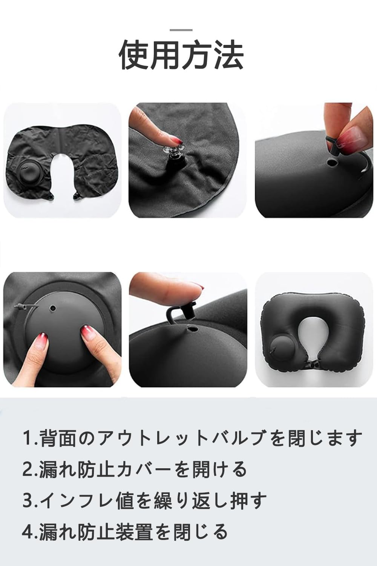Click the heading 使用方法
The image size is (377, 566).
pyautogui.click(x=181, y=55)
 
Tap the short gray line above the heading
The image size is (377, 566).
pyautogui.click(x=181, y=30)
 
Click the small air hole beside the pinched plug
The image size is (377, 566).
pyautogui.click(x=331, y=162)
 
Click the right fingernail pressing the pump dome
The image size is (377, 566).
pyautogui.click(x=86, y=331)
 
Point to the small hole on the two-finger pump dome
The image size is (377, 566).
pyautogui.click(x=53, y=308)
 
